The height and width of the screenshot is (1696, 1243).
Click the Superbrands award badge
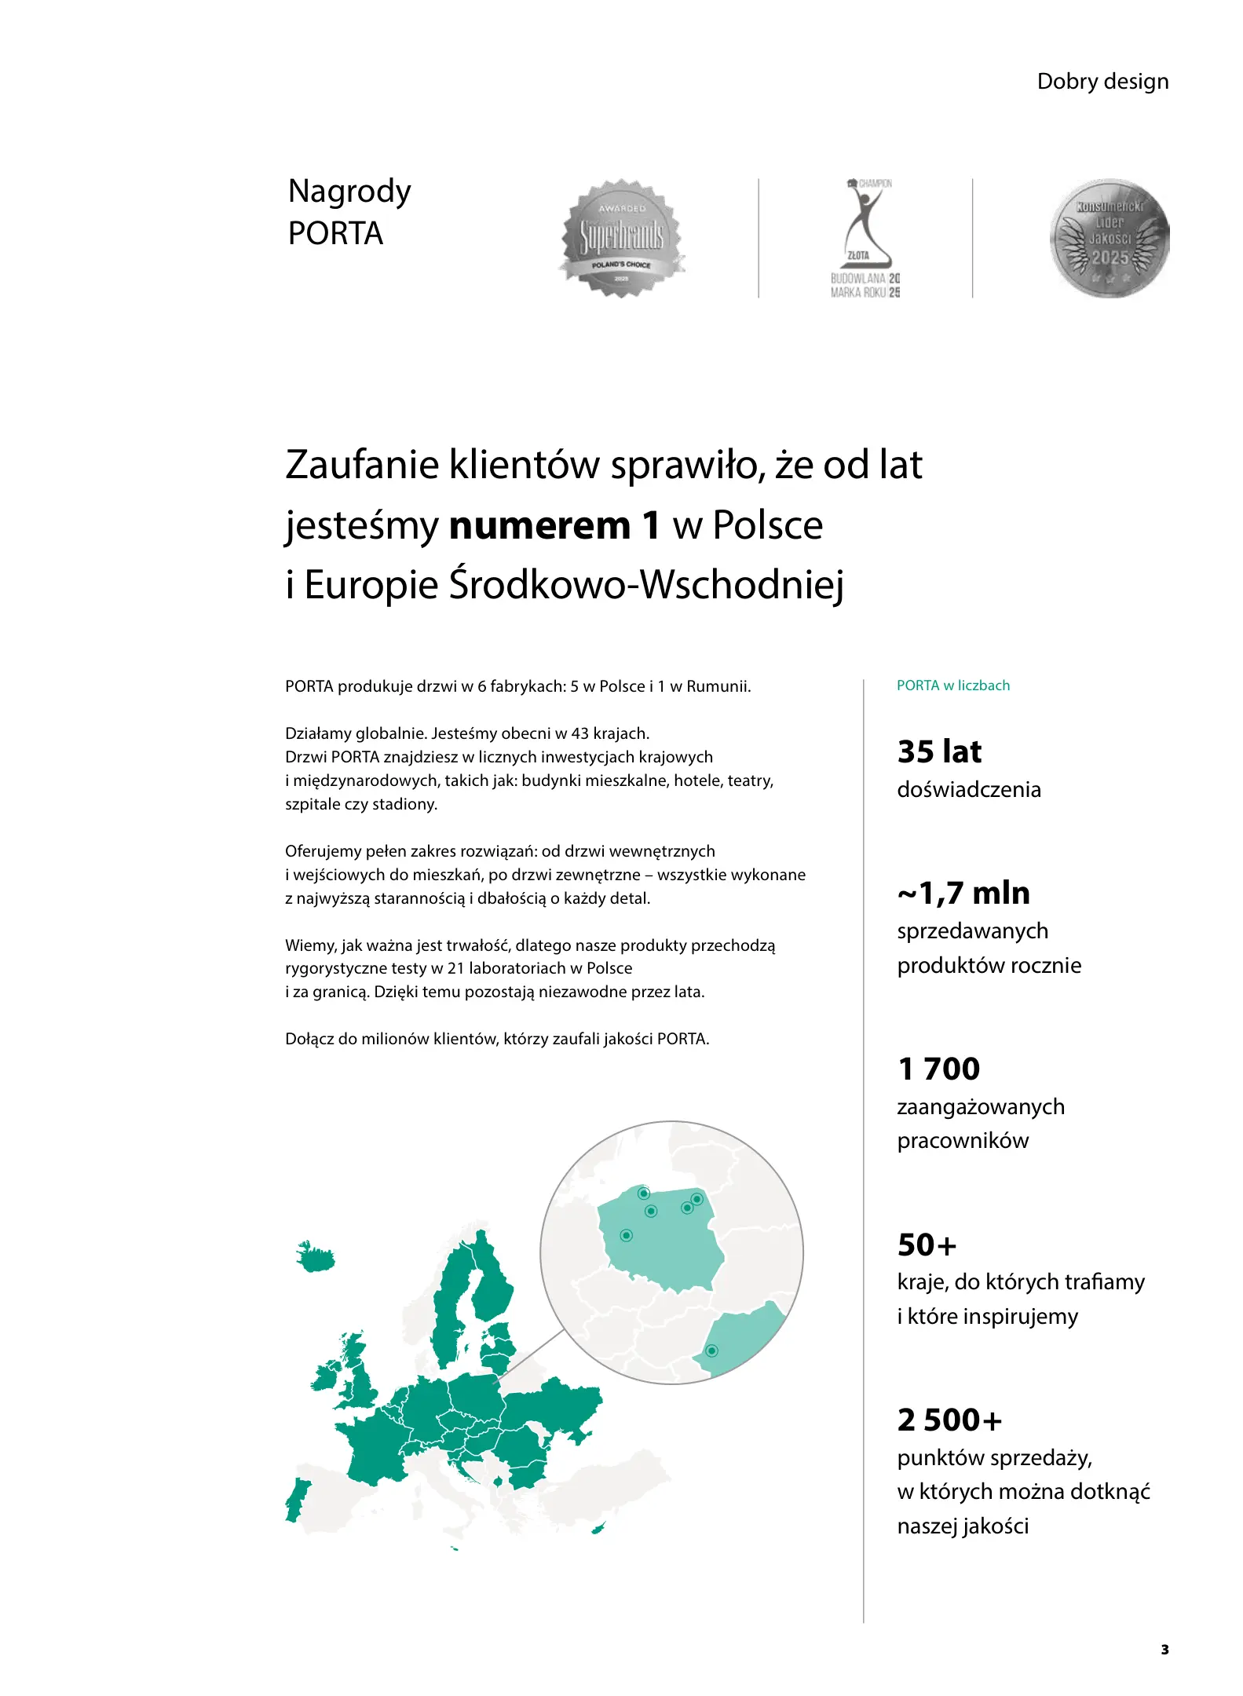pyautogui.click(x=622, y=238)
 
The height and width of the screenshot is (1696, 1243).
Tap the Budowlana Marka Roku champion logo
pyautogui.click(x=865, y=238)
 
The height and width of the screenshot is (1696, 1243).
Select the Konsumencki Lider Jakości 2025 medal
pyautogui.click(x=1109, y=238)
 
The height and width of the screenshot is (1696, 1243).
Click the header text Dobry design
pyautogui.click(x=1102, y=82)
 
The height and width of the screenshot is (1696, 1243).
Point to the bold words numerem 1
pyautogui.click(x=554, y=525)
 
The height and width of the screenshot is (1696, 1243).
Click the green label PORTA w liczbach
pyautogui.click(x=952, y=685)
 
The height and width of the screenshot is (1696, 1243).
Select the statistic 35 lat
pyautogui.click(x=939, y=751)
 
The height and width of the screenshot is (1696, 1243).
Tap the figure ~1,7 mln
pyautogui.click(x=963, y=893)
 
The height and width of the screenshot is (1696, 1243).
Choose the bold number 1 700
pyautogui.click(x=938, y=1069)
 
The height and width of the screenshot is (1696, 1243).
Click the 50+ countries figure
pyautogui.click(x=927, y=1245)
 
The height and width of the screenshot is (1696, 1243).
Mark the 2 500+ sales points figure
pyautogui.click(x=949, y=1420)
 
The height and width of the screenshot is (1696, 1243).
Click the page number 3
pyautogui.click(x=1164, y=1650)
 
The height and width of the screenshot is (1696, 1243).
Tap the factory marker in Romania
pyautogui.click(x=711, y=1351)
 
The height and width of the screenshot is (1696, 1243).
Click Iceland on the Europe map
pyautogui.click(x=316, y=1258)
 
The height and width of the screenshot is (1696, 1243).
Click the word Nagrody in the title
pyautogui.click(x=349, y=192)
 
